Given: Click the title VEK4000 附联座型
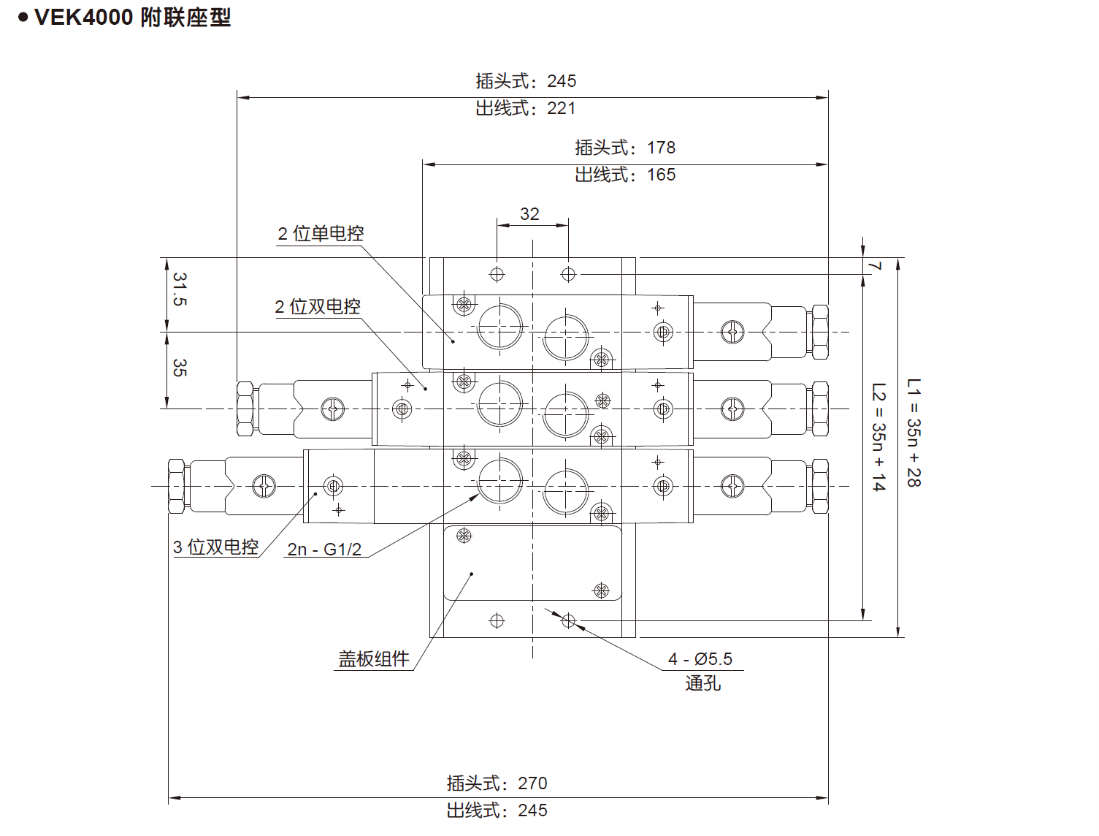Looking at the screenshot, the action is coord(133,18).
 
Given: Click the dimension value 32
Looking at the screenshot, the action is coord(529,214).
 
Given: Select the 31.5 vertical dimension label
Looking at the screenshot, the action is coord(180,289).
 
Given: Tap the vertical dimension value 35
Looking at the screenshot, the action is coord(180,368).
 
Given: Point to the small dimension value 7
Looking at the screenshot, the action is coord(874,266).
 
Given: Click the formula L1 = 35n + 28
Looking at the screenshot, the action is coord(914,433).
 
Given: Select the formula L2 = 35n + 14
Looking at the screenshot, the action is coord(878,437).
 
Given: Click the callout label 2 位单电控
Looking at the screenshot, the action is coord(321,233).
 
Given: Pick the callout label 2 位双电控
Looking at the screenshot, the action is coord(318,306).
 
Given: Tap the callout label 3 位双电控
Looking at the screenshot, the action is coord(216,547).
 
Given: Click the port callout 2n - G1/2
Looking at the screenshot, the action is coord(324,550).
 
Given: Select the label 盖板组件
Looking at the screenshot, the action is coord(373,658).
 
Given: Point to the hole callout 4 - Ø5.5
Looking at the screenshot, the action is coord(700,658).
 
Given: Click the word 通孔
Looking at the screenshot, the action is coord(703,683).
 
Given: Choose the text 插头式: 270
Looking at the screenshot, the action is coord(497,783).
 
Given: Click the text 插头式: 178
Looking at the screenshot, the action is coord(625,148).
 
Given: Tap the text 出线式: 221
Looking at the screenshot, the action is coord(526,108).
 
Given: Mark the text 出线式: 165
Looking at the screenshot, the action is coord(625,175).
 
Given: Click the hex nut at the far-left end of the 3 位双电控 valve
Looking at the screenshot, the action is coord(176,486).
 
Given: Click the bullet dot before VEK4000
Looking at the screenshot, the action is coord(23,18).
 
